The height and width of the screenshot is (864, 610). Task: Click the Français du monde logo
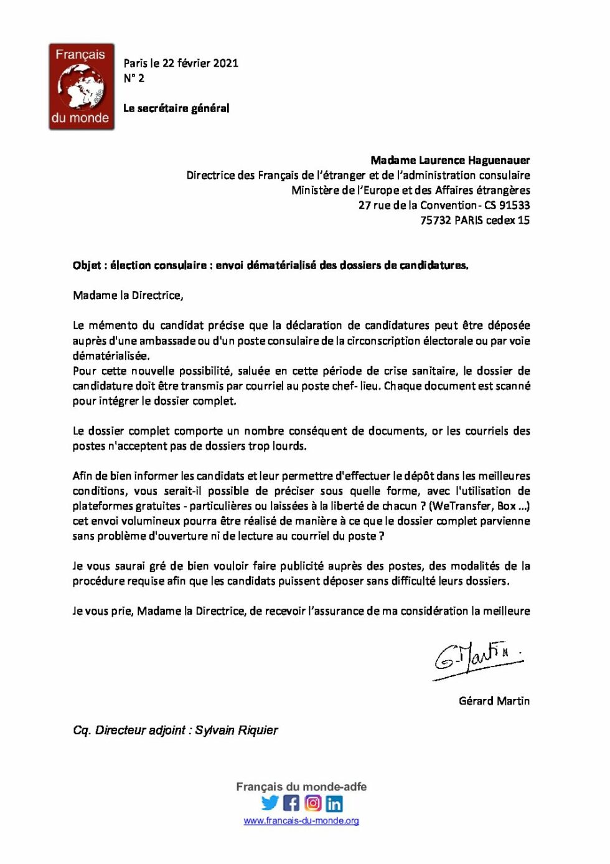point(82,87)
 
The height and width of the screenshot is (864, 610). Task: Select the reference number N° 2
point(134,78)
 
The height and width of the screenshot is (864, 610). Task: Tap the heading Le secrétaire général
point(176,108)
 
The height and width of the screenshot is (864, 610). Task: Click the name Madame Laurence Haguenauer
point(450,160)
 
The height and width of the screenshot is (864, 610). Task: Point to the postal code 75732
point(435,221)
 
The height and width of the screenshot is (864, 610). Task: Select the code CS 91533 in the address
point(507,206)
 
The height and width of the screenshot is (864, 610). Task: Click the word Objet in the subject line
point(87,265)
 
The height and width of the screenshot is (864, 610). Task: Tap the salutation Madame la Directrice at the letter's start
point(128,295)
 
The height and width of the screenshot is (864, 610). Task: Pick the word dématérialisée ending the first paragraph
point(111,356)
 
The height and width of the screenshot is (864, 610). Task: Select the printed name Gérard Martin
point(494,701)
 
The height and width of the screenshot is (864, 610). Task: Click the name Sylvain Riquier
point(237,731)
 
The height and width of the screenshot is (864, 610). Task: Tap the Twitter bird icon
point(270,803)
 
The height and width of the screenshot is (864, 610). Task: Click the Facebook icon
point(291,803)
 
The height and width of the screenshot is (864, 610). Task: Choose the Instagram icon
point(313,803)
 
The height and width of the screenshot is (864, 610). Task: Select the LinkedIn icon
point(334,804)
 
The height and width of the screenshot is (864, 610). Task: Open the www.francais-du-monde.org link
point(301,821)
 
